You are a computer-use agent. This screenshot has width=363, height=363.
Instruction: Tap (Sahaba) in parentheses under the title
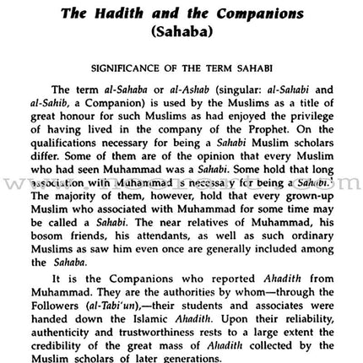tap(181, 31)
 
